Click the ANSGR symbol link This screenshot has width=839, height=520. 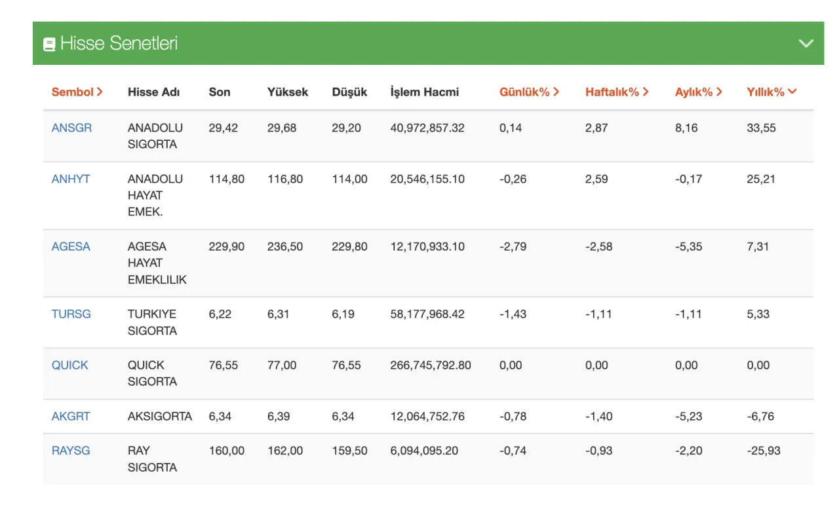(71, 128)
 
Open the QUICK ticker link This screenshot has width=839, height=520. (69, 365)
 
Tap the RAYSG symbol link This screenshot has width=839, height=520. (71, 451)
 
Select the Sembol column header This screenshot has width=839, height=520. (77, 92)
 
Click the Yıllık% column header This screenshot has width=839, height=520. (771, 92)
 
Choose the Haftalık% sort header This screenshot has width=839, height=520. (617, 92)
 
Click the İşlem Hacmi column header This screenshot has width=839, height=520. (424, 92)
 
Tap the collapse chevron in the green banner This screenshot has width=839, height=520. (806, 43)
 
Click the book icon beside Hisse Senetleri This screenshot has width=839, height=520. (49, 44)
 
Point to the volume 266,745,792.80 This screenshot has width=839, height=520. (431, 365)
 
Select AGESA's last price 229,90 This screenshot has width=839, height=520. (227, 246)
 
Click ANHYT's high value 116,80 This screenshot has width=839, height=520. (285, 179)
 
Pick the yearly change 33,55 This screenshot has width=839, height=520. (761, 128)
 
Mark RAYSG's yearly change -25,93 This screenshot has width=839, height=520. (764, 451)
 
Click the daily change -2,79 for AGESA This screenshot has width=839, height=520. (513, 246)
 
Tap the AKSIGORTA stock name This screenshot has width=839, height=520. (160, 417)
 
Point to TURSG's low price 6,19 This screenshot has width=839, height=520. (343, 314)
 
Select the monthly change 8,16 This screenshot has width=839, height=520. (686, 128)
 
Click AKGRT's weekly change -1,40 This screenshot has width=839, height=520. (599, 417)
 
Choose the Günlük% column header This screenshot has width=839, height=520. (529, 92)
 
